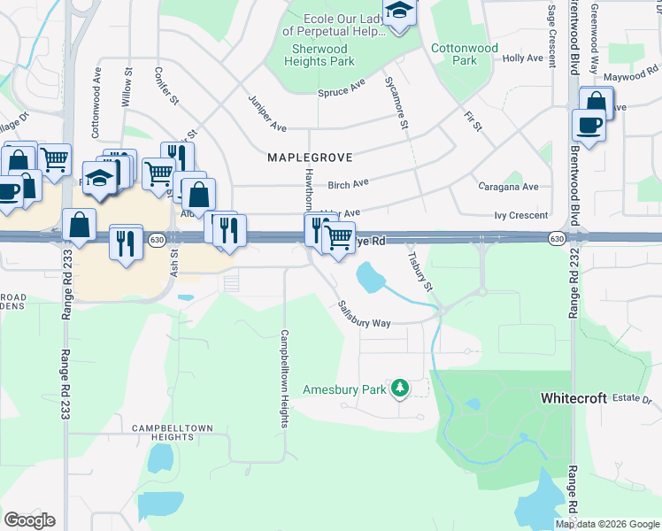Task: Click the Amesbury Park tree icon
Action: click(400, 388)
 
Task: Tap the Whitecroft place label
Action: click(573, 399)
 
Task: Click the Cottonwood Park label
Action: click(465, 54)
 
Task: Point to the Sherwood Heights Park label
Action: click(319, 55)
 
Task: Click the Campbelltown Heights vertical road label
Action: click(284, 379)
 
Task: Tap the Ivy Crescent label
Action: click(522, 216)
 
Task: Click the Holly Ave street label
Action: click(522, 58)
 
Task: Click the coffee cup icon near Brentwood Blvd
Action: click(589, 126)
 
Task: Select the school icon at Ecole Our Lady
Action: click(400, 13)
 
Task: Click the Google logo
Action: click(29, 520)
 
